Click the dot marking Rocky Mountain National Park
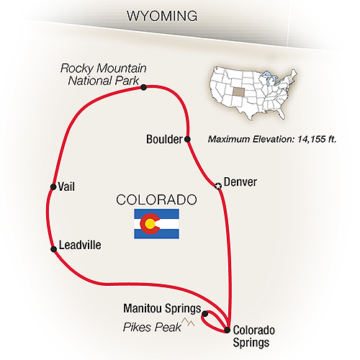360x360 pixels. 145,87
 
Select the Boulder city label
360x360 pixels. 163,140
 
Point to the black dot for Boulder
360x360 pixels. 187,139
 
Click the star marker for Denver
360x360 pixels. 218,186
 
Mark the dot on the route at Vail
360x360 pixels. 53,186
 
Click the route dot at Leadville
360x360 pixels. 54,249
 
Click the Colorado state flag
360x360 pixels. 156,225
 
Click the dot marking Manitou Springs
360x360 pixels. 205,314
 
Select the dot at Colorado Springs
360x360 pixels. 228,330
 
